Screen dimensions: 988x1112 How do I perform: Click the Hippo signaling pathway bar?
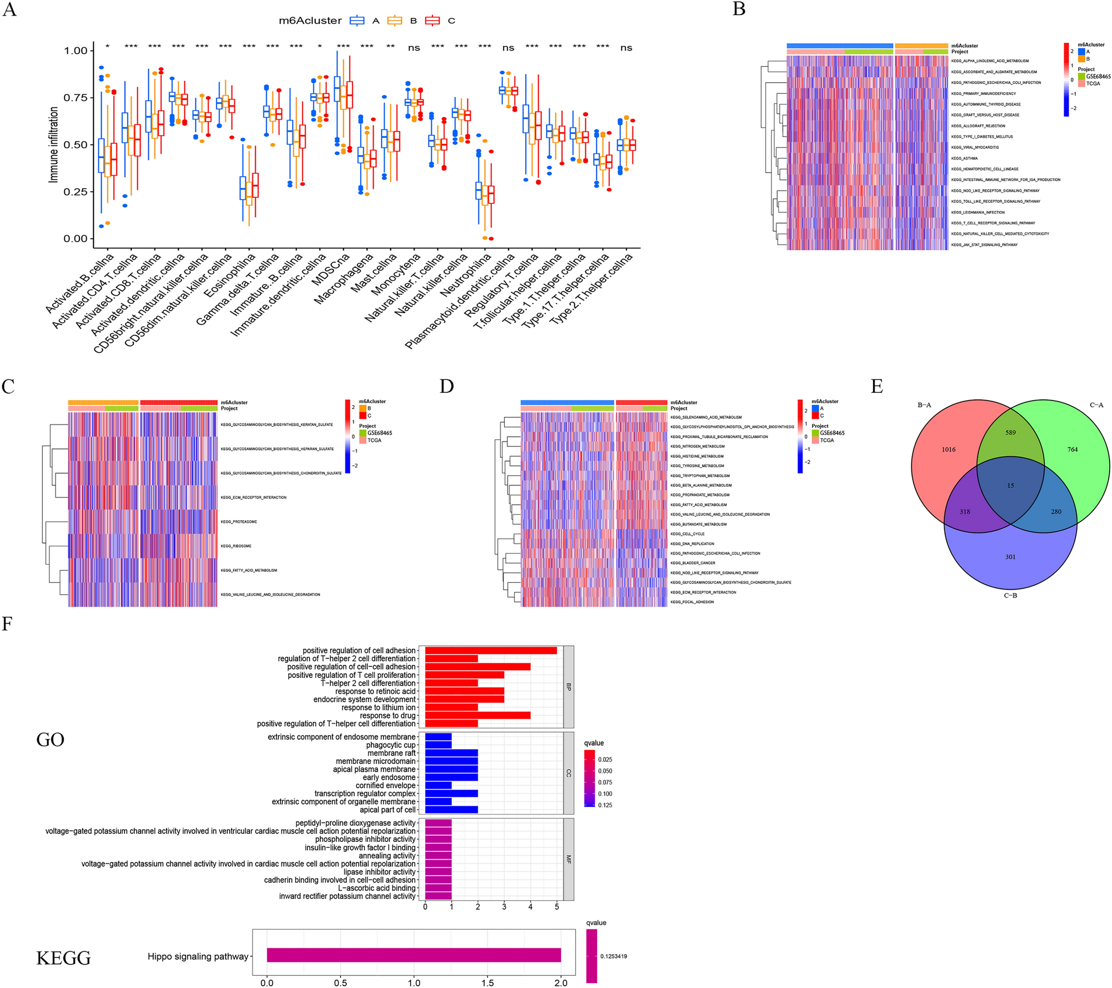413,955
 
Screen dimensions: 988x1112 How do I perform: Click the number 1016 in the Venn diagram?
949,450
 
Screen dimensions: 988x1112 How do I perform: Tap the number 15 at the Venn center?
1010,486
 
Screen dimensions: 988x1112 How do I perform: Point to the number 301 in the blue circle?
1010,557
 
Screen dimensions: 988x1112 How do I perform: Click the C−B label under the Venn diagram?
1010,596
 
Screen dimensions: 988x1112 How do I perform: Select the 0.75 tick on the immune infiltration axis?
76,98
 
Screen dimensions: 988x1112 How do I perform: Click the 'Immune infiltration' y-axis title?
54,144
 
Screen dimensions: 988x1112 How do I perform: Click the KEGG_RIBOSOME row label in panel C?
236,546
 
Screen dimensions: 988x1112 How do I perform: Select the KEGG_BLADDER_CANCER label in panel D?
692,563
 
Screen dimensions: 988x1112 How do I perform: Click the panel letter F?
7,624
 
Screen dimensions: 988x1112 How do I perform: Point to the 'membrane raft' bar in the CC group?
451,753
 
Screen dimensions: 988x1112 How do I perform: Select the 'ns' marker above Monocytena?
414,48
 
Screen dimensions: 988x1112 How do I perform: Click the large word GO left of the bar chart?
51,740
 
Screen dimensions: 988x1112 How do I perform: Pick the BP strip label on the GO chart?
569,687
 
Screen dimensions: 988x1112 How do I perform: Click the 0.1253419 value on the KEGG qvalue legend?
614,956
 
